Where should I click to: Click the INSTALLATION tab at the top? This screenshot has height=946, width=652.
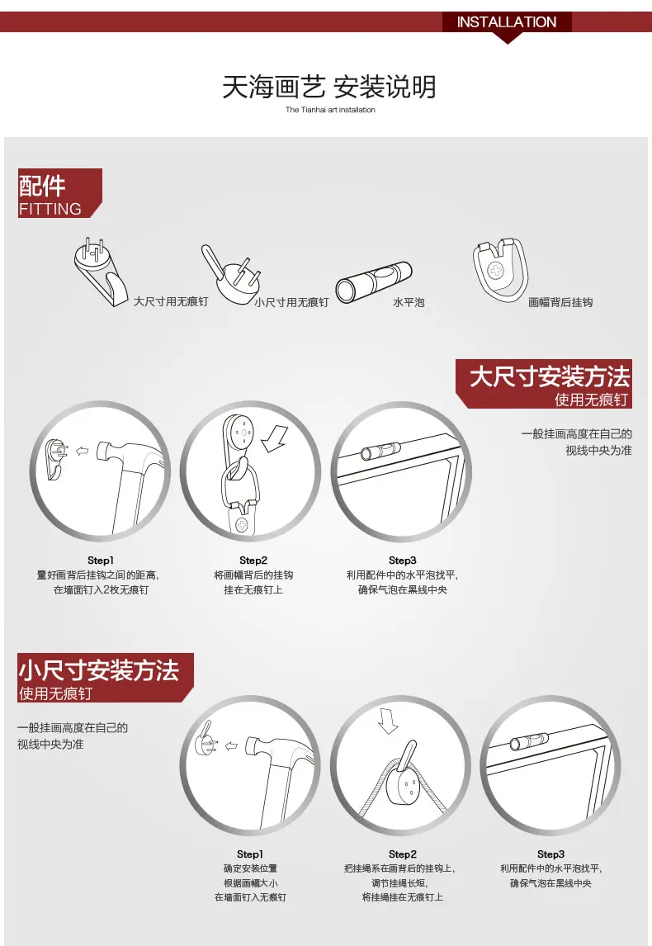coord(507,22)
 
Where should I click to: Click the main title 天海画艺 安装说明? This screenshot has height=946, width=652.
coord(329,87)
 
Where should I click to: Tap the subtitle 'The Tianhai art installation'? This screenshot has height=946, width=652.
coord(330,110)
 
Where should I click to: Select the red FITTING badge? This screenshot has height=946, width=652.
coord(59,193)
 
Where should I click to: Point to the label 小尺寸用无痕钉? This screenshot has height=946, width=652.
coord(291,302)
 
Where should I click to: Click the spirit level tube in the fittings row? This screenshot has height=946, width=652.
coord(374,281)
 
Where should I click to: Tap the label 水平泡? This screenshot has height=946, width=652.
coord(409,302)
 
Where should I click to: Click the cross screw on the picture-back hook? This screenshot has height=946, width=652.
coord(496,271)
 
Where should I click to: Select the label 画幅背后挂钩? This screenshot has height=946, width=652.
coord(560,302)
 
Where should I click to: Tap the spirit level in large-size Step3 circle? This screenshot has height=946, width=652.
coord(380,451)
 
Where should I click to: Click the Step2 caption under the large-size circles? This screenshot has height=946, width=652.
coord(253,575)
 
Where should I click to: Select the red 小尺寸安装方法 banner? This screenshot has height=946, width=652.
coord(106,678)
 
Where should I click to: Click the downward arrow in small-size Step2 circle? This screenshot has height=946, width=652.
coord(388,720)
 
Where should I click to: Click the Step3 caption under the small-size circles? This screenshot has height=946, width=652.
coord(550,868)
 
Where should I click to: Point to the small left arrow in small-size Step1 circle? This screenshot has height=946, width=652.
coord(231,745)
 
